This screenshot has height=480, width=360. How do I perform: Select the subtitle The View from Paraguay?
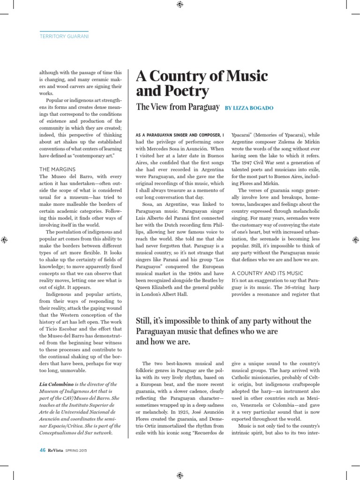(178, 107)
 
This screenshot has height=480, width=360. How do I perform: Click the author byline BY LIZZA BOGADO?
(249, 108)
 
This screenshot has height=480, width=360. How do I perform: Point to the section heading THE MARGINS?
(58, 169)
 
